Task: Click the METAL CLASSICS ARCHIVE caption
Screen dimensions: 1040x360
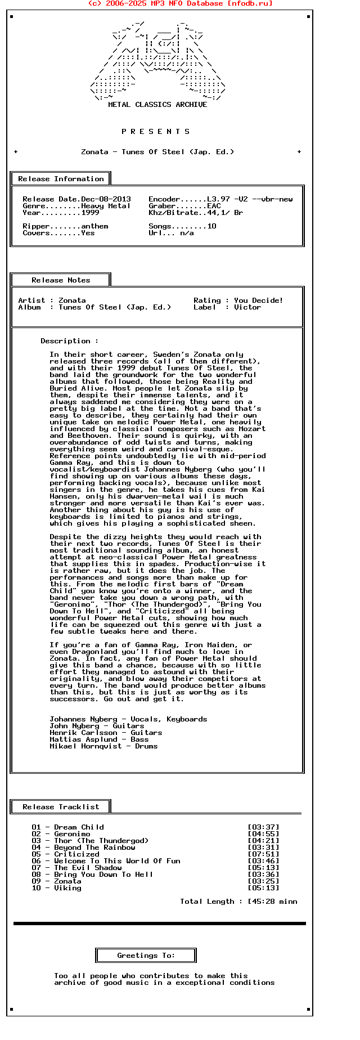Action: tap(157, 105)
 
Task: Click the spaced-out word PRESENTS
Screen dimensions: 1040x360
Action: tap(156, 132)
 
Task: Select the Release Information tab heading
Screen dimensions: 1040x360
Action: tap(61, 179)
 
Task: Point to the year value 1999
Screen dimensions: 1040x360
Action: tap(90, 213)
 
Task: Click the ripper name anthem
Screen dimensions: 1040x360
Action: tap(94, 226)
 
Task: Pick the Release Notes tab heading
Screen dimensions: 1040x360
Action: tap(61, 280)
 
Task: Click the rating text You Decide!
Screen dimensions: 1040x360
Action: tap(258, 301)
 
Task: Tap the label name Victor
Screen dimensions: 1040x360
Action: tap(247, 307)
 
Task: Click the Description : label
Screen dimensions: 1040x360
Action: tap(69, 341)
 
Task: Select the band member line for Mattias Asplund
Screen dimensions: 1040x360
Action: tap(99, 739)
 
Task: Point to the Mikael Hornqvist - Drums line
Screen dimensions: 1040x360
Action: tap(103, 746)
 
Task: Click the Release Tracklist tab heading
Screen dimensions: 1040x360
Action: tap(61, 807)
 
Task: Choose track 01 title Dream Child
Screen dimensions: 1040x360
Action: tap(79, 827)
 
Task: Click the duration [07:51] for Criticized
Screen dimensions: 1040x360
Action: tap(263, 854)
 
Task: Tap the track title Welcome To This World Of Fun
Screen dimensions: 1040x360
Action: tap(117, 861)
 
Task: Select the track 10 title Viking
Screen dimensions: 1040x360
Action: tap(67, 888)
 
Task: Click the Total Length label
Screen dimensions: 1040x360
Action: tap(207, 902)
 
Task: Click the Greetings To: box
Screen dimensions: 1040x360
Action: tap(146, 956)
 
